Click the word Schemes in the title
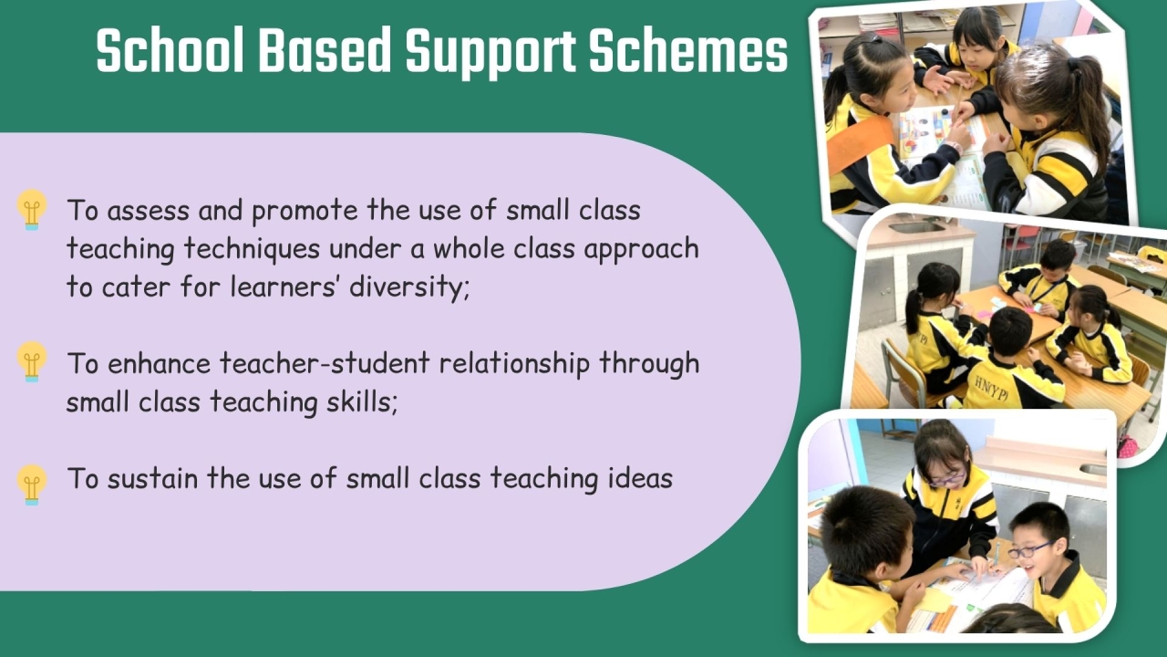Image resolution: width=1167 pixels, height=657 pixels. coord(688,49)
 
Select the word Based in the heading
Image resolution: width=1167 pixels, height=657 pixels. coord(325,49)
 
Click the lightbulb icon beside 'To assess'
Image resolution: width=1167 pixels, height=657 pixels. coord(32,210)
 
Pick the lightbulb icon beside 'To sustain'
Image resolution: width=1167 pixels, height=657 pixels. coord(32,485)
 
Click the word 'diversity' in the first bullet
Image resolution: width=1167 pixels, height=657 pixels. coord(409,287)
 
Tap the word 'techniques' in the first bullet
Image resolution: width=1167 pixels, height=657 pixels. coord(252,248)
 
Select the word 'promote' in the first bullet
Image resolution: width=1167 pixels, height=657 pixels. coord(305,212)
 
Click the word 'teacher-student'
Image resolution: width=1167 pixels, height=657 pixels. coord(325,363)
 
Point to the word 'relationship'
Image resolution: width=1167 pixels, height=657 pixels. coord(515,364)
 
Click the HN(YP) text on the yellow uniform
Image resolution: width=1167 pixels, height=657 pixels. coord(991,389)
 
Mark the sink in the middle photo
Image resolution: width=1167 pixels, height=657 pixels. coord(916,227)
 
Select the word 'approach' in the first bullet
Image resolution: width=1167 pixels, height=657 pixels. coord(641,250)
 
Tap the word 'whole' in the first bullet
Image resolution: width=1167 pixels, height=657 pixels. coord(469,248)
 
